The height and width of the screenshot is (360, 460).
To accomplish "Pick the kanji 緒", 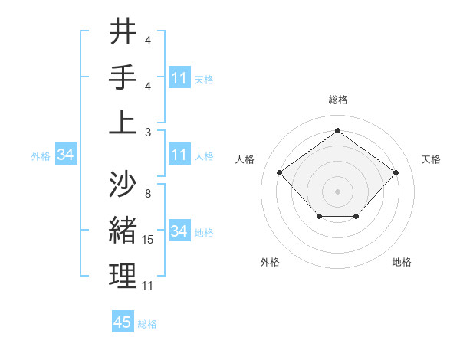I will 123,231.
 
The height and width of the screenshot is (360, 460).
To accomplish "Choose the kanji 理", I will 123,277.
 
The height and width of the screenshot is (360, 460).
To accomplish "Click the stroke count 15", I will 148,241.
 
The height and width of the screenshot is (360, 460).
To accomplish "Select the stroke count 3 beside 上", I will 147,132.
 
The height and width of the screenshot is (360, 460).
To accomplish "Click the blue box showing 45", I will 123,322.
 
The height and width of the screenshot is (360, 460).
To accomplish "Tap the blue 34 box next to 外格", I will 65,155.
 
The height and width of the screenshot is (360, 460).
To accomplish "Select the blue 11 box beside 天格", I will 179,78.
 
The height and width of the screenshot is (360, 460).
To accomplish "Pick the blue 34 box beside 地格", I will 179,231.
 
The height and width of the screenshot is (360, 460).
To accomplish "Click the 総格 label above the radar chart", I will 337,100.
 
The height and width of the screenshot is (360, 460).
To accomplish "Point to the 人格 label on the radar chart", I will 245,159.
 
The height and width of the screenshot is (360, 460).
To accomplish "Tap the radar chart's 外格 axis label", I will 270,262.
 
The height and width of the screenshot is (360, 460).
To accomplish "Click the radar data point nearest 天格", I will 396,172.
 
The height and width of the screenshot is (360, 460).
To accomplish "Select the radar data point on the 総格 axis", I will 337,130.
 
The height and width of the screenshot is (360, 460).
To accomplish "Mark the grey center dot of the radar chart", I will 337,191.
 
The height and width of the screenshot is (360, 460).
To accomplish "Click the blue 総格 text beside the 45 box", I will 147,324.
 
